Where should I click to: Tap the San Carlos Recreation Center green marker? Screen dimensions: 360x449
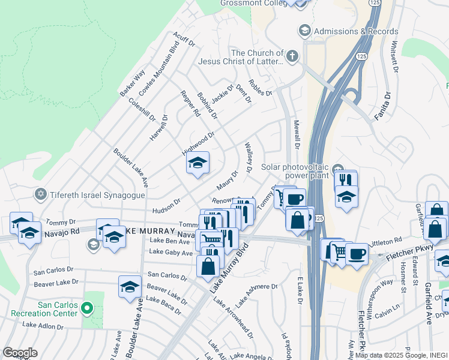87,309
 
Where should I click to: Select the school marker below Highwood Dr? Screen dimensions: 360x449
197,163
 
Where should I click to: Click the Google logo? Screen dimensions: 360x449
20,353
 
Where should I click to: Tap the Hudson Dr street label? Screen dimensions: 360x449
167,205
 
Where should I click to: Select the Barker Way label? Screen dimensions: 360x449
132,83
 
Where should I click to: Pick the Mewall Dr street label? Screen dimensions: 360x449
296,134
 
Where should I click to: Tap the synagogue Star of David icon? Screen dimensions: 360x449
41,193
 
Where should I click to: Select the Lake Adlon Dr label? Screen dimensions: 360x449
43,326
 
